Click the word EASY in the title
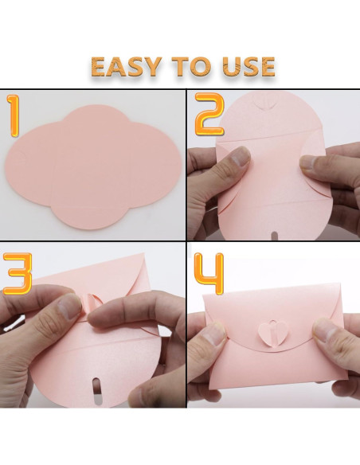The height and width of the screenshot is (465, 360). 127,66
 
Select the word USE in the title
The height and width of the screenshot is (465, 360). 249,66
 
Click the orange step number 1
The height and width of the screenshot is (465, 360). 13,116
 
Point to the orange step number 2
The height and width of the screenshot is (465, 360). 209,114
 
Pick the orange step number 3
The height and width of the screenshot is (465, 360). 18,274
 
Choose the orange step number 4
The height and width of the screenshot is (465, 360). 209,274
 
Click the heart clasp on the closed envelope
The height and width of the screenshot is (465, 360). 269,333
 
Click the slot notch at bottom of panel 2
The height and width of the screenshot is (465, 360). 275,236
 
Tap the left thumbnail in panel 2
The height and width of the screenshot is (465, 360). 241,157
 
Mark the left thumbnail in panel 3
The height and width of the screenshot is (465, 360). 70,306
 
